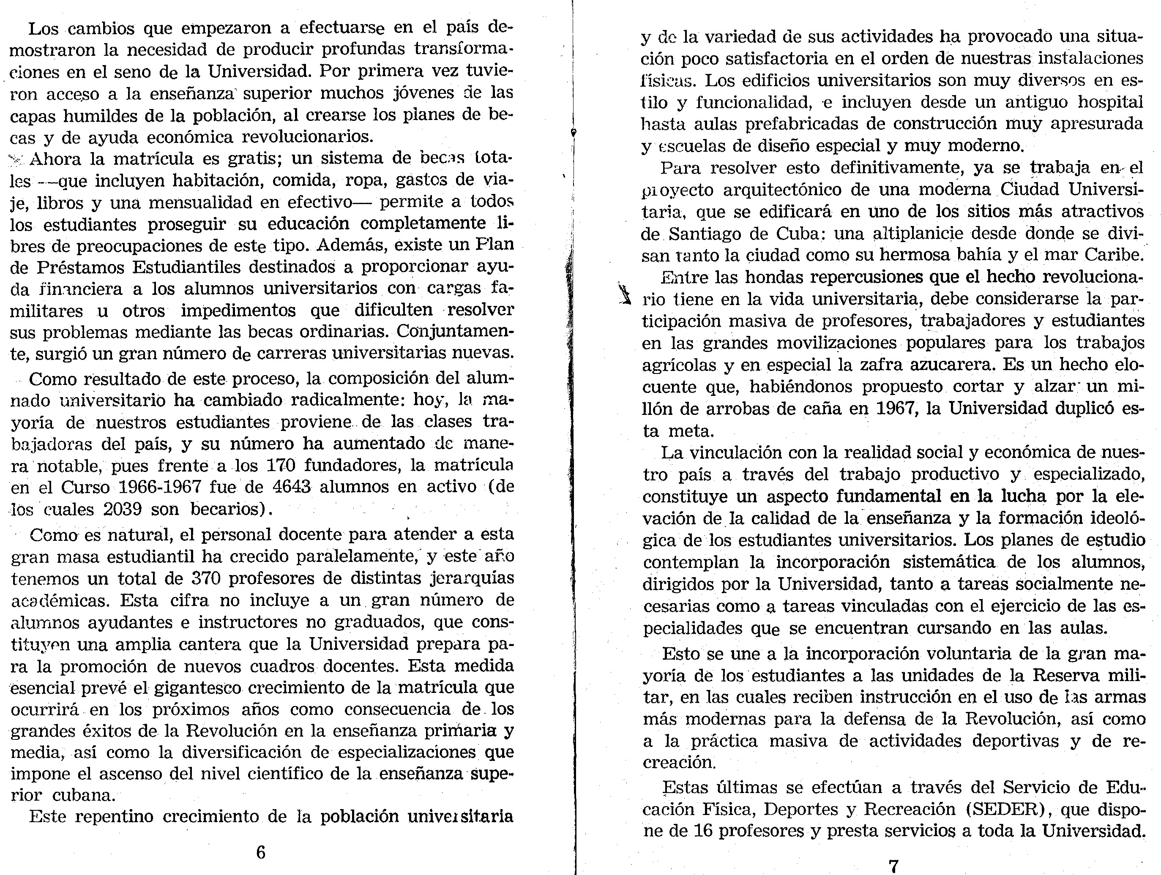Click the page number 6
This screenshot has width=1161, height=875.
coord(261,853)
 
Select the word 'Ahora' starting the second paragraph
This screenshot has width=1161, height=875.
coord(55,158)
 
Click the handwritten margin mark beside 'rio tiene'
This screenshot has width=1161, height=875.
coord(623,293)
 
